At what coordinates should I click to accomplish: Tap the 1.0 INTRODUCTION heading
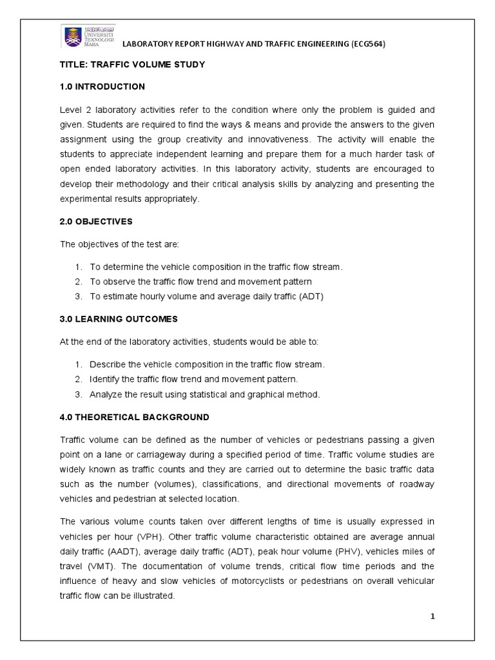click(102, 86)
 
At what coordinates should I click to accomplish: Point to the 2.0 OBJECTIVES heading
click(96, 221)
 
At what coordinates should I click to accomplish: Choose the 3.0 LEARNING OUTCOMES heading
click(119, 319)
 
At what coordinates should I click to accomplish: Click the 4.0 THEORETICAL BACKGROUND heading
click(134, 417)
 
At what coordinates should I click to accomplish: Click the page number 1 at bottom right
click(433, 616)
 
